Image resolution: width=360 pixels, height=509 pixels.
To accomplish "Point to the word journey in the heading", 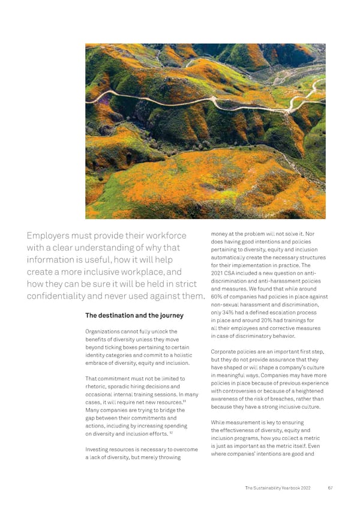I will pos(170,316).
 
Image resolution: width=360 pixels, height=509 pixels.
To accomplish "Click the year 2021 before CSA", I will pos(219,273).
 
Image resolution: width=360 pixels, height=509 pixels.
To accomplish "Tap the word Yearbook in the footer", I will pos(289,487).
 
